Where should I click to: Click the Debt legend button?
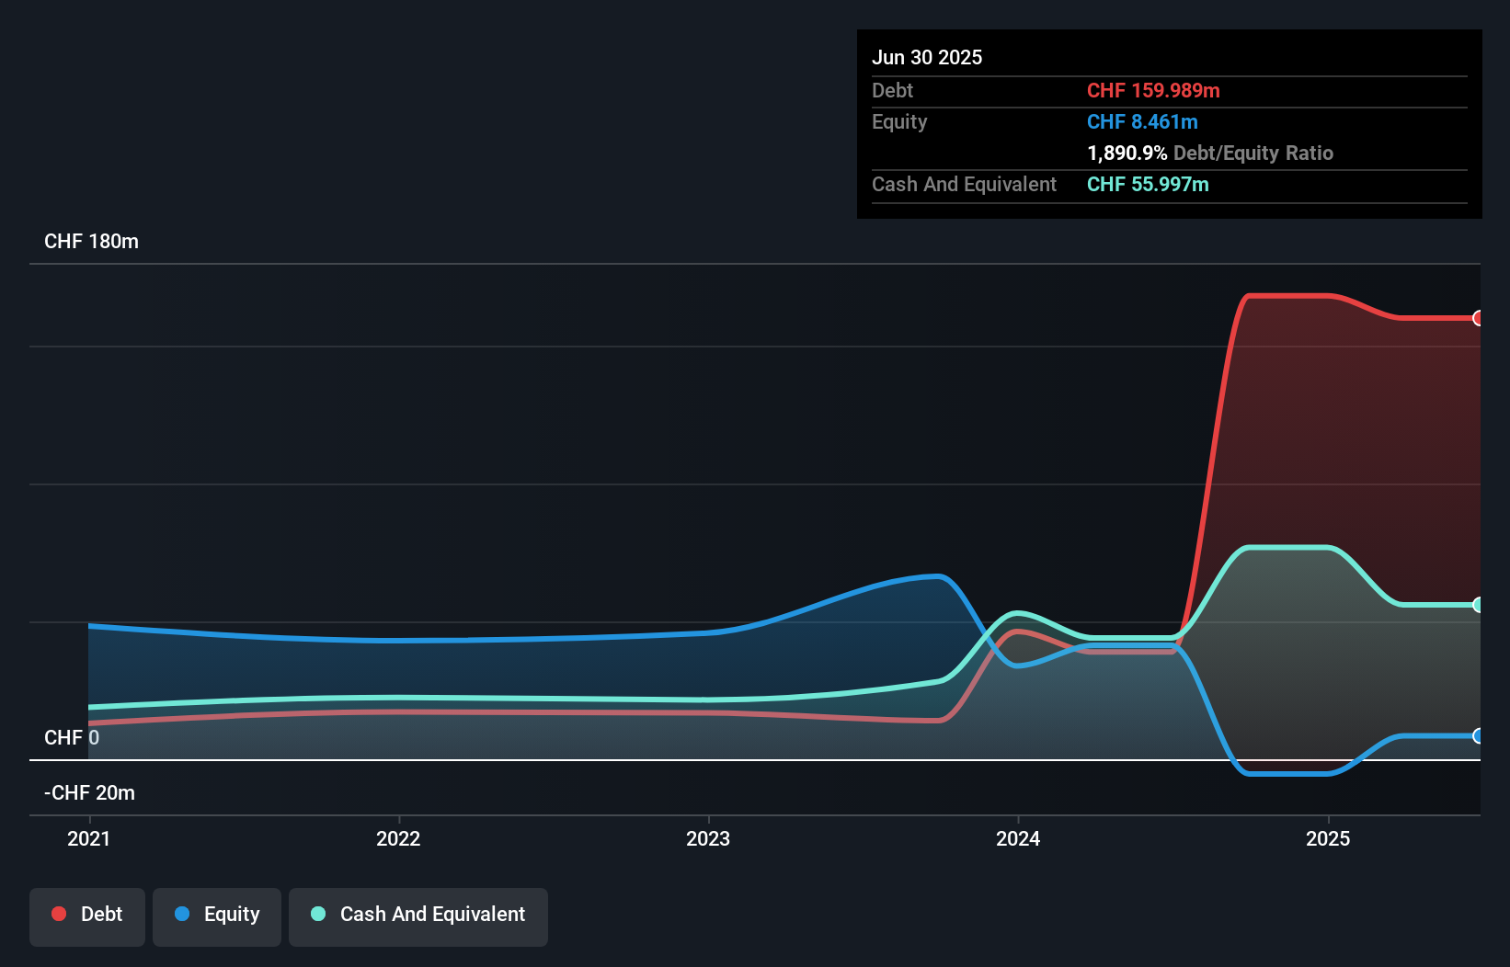[x=87, y=915]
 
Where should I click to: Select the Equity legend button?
[x=217, y=915]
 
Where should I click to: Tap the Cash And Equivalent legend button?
[x=418, y=915]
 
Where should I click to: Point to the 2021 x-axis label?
[x=89, y=838]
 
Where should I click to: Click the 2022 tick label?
[x=398, y=838]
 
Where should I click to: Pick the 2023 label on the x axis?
[x=708, y=838]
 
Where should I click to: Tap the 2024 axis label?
[x=1018, y=838]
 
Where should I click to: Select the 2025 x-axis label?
[x=1328, y=838]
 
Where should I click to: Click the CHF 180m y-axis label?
[x=91, y=242]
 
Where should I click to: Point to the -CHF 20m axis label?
[x=89, y=792]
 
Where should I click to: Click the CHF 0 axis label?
[x=72, y=737]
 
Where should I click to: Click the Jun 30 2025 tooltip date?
[x=927, y=57]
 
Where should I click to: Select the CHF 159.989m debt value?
[x=1153, y=90]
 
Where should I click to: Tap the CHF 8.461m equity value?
[x=1142, y=121]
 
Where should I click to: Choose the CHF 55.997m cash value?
[x=1148, y=184]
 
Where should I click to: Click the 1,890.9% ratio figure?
[x=1127, y=153]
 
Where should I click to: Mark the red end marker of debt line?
[x=1478, y=318]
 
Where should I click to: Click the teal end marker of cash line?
[x=1478, y=605]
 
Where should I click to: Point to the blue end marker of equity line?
[x=1478, y=735]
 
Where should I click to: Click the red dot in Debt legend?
[x=59, y=914]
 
